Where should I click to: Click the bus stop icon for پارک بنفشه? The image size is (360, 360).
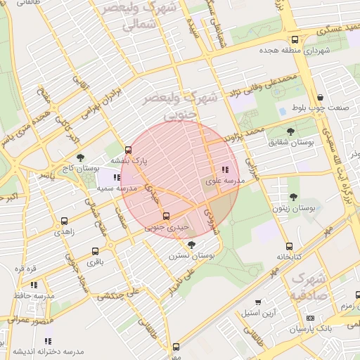point(128,150)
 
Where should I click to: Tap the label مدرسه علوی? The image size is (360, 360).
point(224,181)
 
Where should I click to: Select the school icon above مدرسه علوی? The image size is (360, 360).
point(225,169)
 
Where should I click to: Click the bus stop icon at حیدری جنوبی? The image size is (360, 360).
point(166,216)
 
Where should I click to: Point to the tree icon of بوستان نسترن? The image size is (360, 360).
point(192,245)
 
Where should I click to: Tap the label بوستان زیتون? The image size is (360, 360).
point(294,209)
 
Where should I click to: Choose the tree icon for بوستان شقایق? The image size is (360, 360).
point(291,131)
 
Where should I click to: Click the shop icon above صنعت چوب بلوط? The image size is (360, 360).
point(321,98)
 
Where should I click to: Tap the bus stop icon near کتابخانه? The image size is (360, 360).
point(289,246)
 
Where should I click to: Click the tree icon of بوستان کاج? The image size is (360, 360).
point(79,158)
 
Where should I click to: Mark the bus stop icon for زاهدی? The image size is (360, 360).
point(65,221)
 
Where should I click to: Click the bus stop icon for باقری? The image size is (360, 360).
point(95,251)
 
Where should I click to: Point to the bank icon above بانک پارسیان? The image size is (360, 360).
point(310,318)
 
